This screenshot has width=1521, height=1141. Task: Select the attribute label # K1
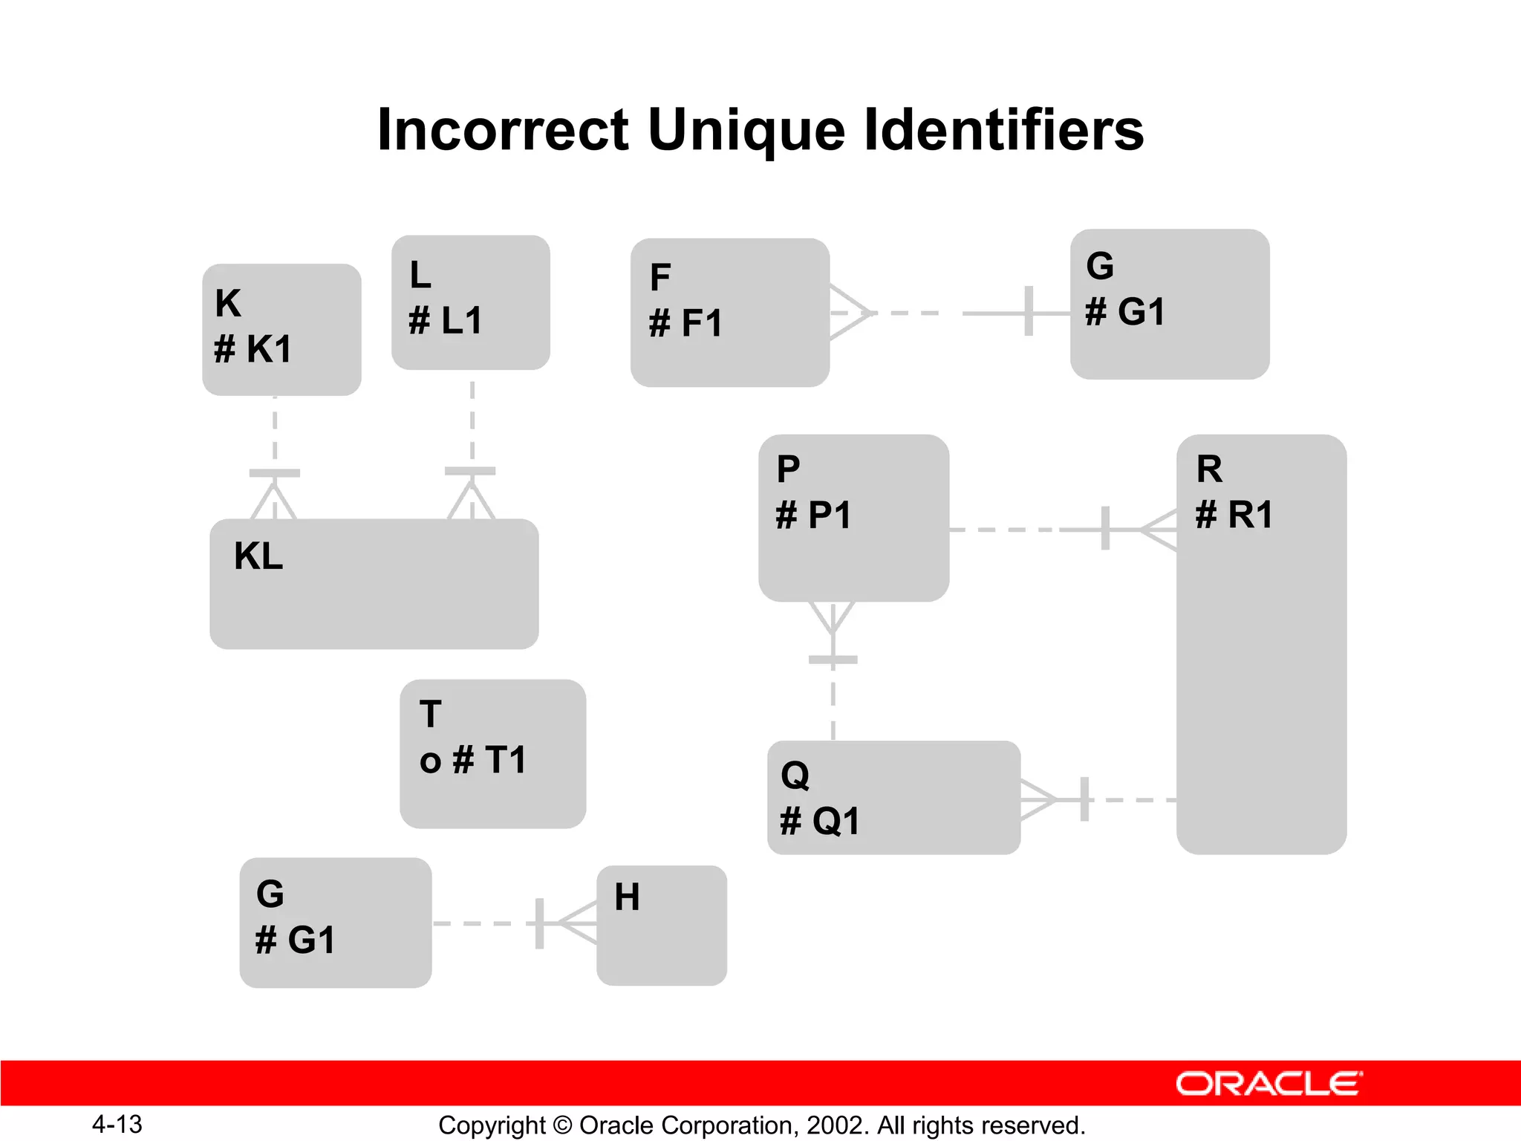(x=253, y=349)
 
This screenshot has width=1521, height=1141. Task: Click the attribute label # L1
(x=446, y=321)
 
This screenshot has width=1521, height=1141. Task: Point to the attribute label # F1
(x=685, y=324)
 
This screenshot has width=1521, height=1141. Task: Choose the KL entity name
(x=258, y=556)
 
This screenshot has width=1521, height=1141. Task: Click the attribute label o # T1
(x=473, y=760)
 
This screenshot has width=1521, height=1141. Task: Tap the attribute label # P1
(x=813, y=515)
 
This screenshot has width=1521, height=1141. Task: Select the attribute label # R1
(x=1234, y=514)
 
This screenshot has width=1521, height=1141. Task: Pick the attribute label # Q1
(x=820, y=822)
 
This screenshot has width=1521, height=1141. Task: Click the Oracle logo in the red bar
(x=1268, y=1084)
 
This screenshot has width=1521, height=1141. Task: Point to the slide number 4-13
(x=117, y=1124)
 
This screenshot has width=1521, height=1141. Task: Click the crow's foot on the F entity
(x=848, y=313)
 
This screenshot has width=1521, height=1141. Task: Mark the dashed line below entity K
(x=275, y=431)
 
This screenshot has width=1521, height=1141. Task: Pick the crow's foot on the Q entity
(x=1038, y=800)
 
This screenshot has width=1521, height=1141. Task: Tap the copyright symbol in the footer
(x=562, y=1125)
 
